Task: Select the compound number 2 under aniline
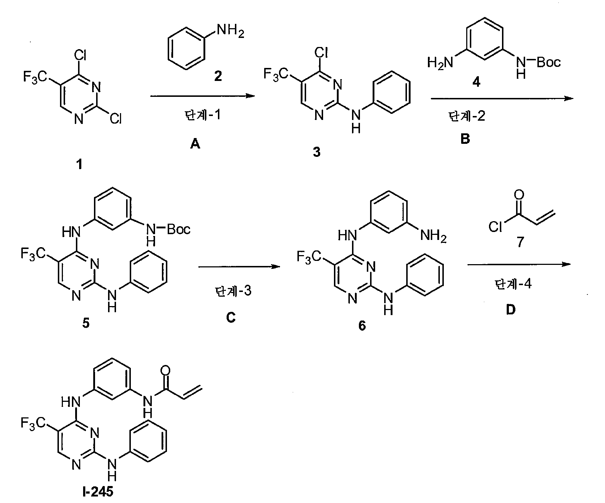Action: [218, 76]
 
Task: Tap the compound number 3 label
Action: [317, 152]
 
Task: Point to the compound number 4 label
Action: [477, 82]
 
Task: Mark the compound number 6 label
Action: [362, 326]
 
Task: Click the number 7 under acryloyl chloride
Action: [520, 242]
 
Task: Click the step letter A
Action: [195, 145]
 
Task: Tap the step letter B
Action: [465, 139]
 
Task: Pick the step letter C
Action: [231, 317]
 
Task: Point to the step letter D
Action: [511, 310]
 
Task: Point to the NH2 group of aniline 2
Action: [230, 33]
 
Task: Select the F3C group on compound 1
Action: [34, 77]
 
